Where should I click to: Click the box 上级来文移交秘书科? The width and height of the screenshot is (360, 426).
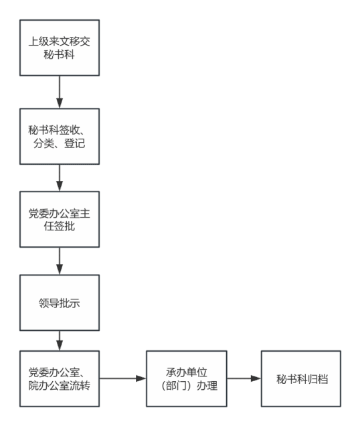pos(60,48)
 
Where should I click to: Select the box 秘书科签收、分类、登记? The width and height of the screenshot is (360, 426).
pos(60,137)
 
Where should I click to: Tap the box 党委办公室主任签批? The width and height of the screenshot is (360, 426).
pos(60,219)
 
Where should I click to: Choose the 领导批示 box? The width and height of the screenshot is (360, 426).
pos(60,303)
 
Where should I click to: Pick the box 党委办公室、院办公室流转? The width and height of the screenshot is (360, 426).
pos(60,378)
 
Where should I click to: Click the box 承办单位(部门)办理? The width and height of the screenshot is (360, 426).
pos(187,378)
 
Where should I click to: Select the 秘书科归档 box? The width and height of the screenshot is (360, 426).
pos(301,378)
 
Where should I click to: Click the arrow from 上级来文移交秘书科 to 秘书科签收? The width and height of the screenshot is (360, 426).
pos(60,92)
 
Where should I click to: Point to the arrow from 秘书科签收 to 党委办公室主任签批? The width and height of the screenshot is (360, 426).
pos(60,178)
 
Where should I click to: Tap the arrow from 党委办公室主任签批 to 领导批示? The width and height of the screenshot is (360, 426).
pos(60,261)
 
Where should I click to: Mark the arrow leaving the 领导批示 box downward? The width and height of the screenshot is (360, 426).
pos(60,341)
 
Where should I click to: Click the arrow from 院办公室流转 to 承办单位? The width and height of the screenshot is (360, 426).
pos(122,378)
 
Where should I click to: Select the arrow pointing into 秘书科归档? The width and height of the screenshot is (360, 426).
pos(244,378)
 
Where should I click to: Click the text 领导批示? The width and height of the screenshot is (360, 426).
pos(59,303)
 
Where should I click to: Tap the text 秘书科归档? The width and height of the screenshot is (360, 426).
pos(302,379)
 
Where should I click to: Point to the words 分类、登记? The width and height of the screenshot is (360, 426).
pos(59,143)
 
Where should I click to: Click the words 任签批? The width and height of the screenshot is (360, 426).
pos(59,226)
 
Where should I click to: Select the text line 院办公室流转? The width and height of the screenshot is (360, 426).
pos(59,386)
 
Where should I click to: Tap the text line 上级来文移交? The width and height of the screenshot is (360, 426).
pos(59,42)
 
